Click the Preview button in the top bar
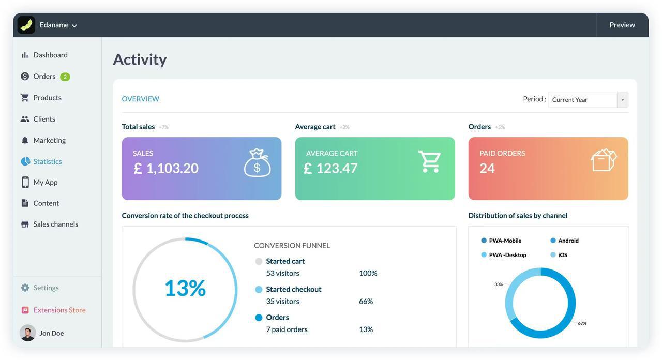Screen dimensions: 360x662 pyautogui.click(x=622, y=25)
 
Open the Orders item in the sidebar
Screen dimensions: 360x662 pyautogui.click(x=44, y=77)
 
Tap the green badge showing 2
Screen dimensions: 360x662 pyautogui.click(x=65, y=77)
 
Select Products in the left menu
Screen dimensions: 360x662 pyautogui.click(x=47, y=98)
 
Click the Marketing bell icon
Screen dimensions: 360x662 pyautogui.click(x=25, y=140)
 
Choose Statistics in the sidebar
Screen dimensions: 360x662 pyautogui.click(x=47, y=161)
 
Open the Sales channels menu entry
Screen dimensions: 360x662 pyautogui.click(x=55, y=224)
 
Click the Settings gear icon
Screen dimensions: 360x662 pyautogui.click(x=25, y=288)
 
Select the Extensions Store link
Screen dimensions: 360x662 pyautogui.click(x=59, y=310)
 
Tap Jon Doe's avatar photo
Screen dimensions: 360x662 pyautogui.click(x=27, y=333)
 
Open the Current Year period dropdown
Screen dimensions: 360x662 pyautogui.click(x=588, y=100)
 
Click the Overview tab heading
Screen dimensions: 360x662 pyautogui.click(x=140, y=99)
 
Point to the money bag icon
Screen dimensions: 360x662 pyautogui.click(x=257, y=163)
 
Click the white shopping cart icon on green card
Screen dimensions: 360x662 pyautogui.click(x=429, y=161)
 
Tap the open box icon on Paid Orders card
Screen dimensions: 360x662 pyautogui.click(x=604, y=160)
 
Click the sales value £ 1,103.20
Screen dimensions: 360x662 pyautogui.click(x=166, y=168)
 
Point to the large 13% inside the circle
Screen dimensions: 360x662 pyautogui.click(x=185, y=288)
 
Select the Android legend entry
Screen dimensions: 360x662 pyautogui.click(x=568, y=241)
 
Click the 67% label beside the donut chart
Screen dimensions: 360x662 pyautogui.click(x=582, y=323)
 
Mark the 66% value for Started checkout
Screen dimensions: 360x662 pyautogui.click(x=366, y=301)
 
